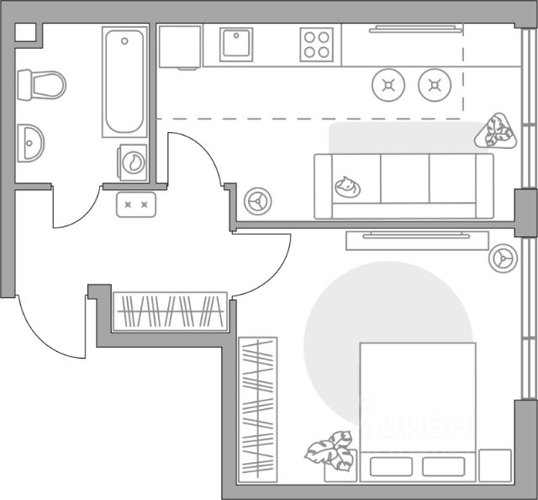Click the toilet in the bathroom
point(43,84)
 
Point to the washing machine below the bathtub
point(132,161)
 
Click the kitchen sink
point(236,44)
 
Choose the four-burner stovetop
point(318,44)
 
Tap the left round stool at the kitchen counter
point(388,83)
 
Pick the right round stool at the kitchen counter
point(434,83)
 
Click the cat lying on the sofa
point(345,186)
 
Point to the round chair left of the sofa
point(256,200)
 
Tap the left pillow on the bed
point(388,465)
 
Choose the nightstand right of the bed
point(496,465)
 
